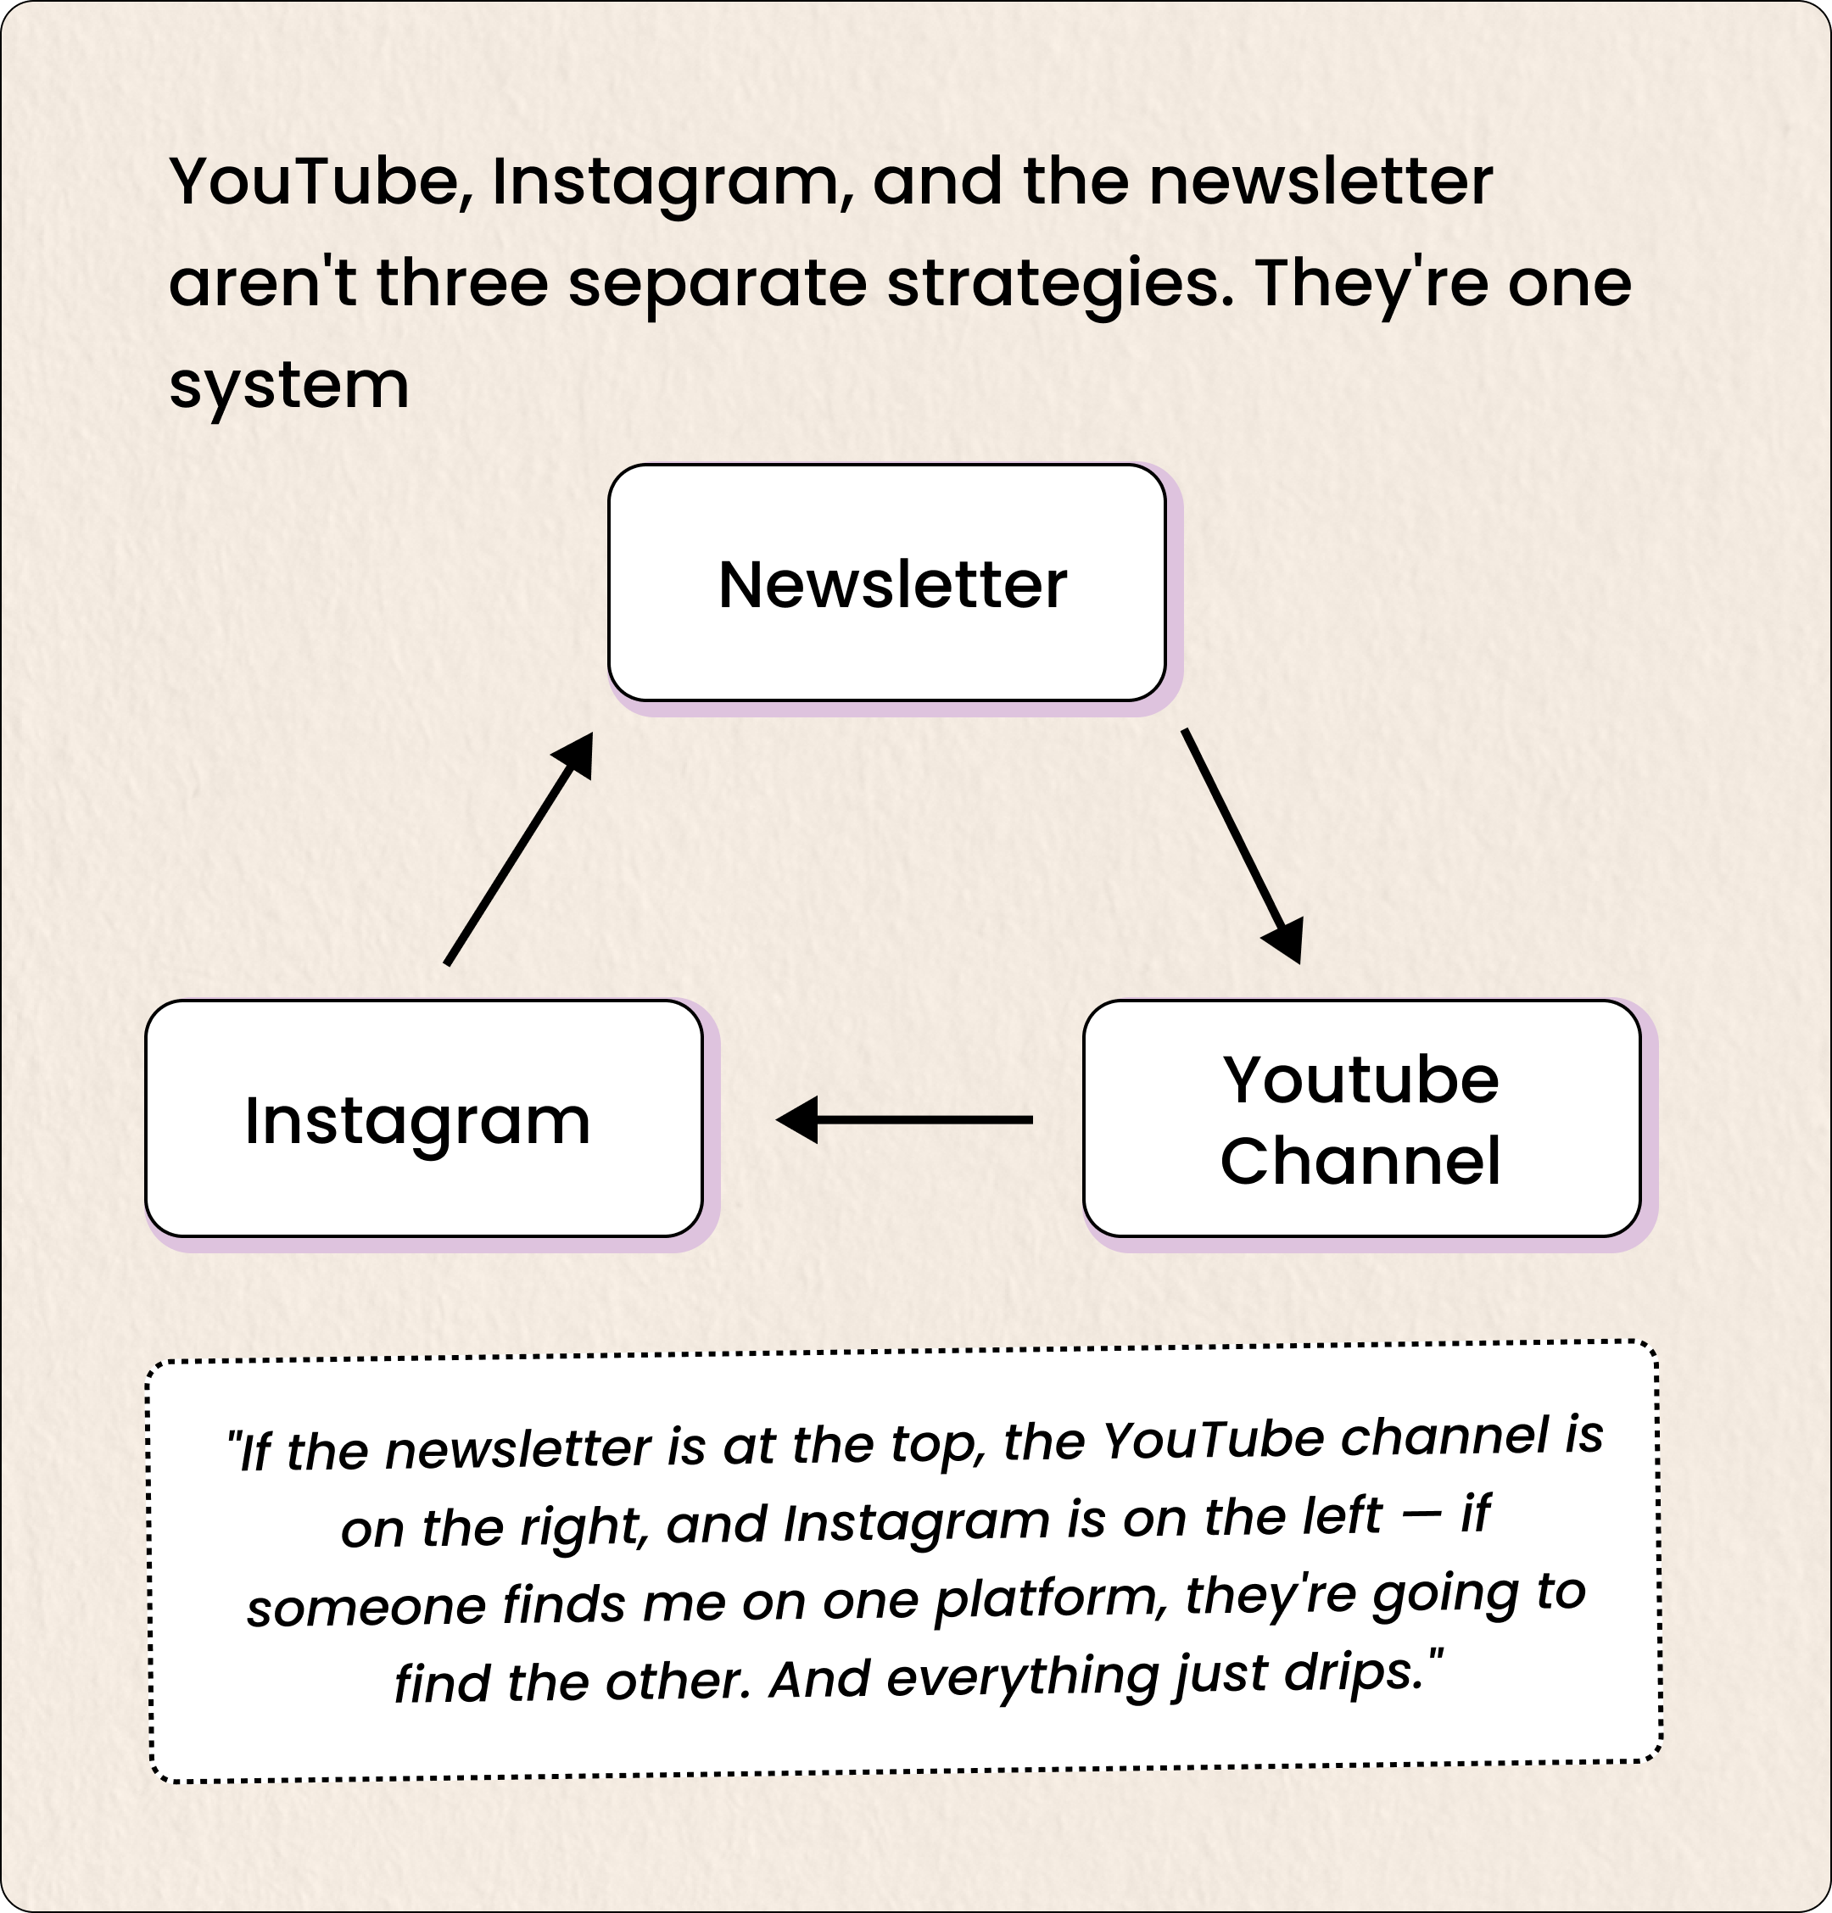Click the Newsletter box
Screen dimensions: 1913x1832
[886, 583]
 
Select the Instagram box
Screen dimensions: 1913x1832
[423, 1118]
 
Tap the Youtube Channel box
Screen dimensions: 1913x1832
[1360, 1118]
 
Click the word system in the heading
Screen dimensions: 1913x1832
[289, 386]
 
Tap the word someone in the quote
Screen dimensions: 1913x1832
[366, 1608]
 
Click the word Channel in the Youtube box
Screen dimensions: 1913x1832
[1360, 1161]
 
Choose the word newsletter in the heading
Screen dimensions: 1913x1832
[1321, 182]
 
